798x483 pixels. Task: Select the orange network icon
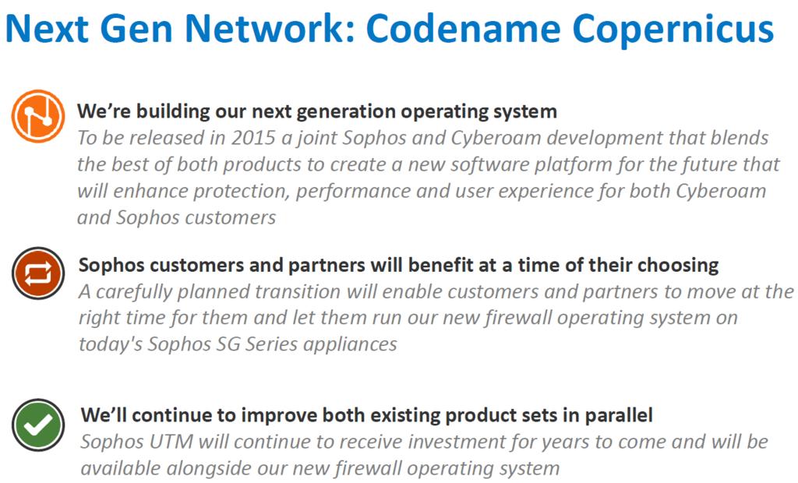(38, 116)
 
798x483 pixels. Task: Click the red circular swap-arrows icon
(38, 273)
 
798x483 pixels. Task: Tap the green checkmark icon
(38, 425)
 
